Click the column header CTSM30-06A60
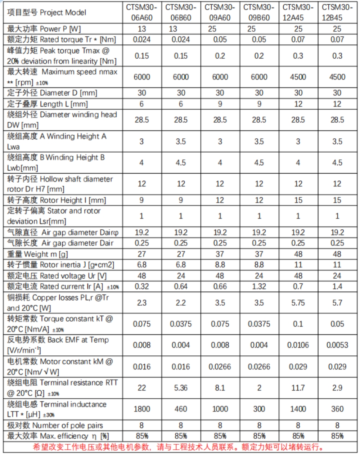point(142,13)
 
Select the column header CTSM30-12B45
point(337,13)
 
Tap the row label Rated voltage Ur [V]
point(57,276)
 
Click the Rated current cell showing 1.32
point(259,287)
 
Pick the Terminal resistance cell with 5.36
point(181,388)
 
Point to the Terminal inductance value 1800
point(142,409)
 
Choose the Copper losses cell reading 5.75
point(298,303)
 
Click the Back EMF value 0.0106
point(298,345)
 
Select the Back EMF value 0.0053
point(337,345)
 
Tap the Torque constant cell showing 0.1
point(298,324)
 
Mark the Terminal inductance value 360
point(337,409)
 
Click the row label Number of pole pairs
point(55,426)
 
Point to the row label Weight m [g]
point(37,254)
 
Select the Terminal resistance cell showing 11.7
point(298,388)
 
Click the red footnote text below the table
point(180,447)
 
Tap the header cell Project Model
point(47,13)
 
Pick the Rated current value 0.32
point(142,287)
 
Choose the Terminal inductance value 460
point(181,409)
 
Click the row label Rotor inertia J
point(60,265)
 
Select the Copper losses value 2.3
point(142,303)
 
